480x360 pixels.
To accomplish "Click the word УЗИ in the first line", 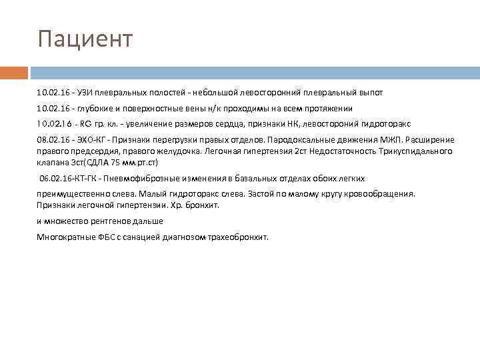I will click(x=87, y=92).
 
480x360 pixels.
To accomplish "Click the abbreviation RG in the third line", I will click(x=86, y=124).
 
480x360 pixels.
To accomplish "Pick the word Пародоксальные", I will click(x=326, y=141).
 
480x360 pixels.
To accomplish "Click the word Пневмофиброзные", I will click(x=147, y=179).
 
